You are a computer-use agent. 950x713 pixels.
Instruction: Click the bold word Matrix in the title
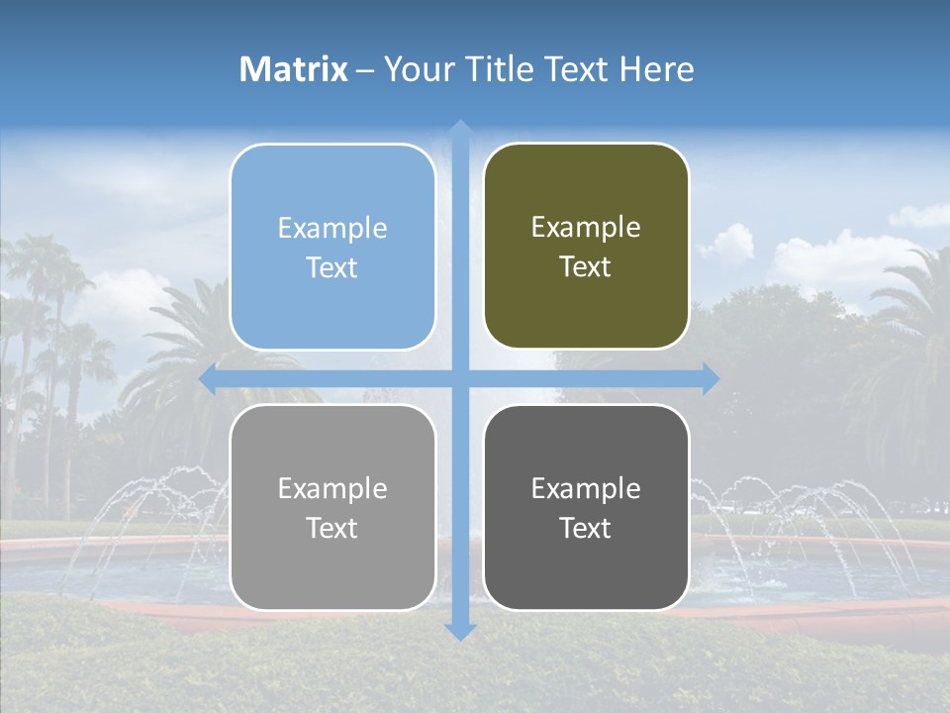coord(294,69)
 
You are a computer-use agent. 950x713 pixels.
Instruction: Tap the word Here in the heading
coord(656,69)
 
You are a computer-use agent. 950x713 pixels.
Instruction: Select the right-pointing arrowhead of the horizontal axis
coord(710,379)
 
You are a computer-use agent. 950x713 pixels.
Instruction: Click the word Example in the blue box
coord(332,229)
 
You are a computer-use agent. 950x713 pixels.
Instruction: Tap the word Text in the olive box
coord(586,267)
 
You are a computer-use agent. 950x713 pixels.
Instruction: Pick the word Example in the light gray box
coord(332,489)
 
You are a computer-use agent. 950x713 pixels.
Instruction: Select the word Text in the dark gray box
coord(586,528)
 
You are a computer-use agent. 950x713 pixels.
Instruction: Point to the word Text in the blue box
coord(332,268)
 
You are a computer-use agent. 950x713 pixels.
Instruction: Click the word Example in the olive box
coord(586,228)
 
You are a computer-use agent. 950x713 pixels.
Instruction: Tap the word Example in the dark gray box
coord(586,489)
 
